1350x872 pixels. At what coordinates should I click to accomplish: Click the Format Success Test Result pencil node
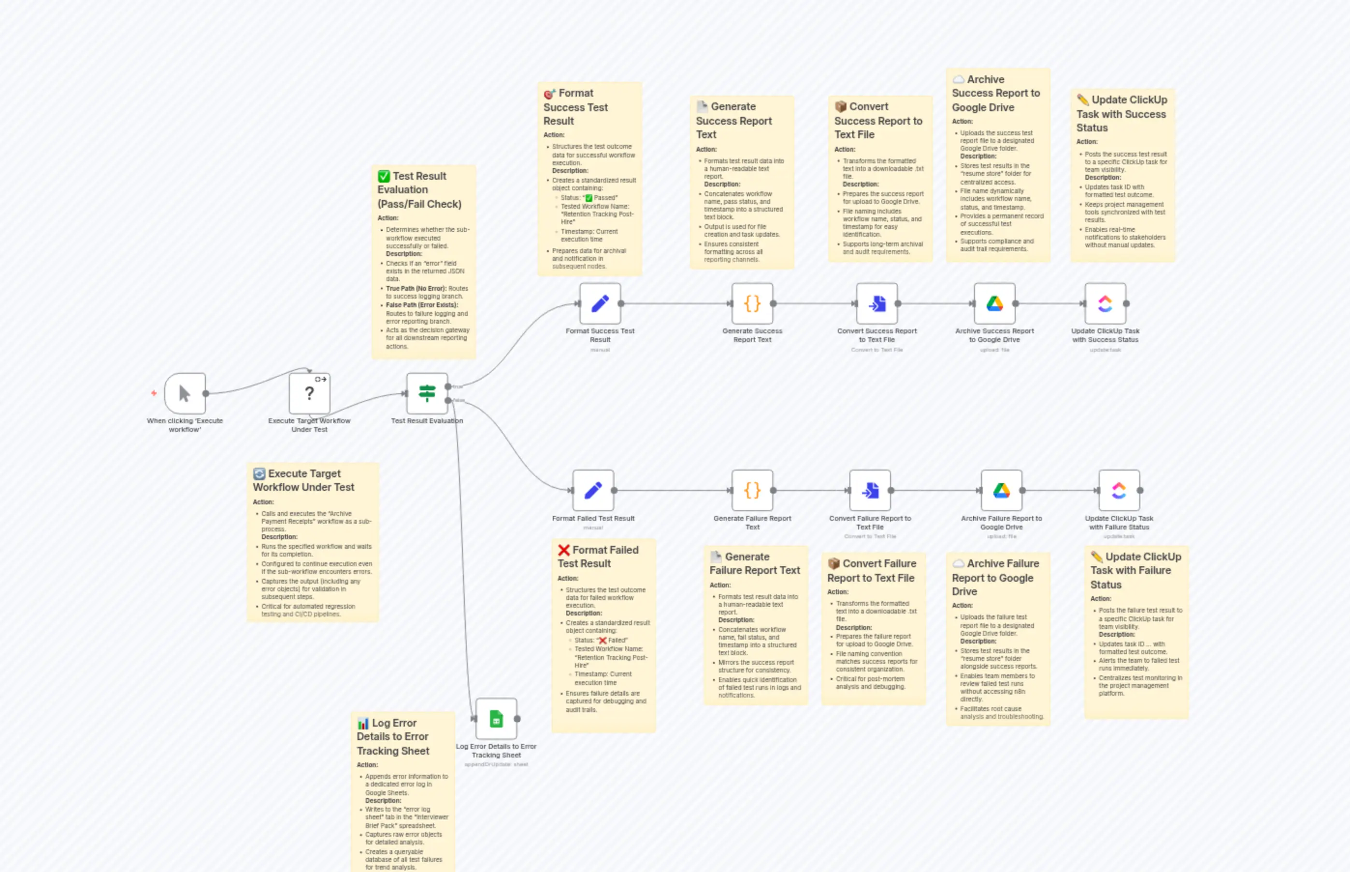point(600,303)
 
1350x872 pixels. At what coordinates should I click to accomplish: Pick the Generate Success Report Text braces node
point(752,303)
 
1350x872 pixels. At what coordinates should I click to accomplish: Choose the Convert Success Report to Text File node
point(876,303)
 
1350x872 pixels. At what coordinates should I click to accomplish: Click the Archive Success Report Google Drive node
point(994,303)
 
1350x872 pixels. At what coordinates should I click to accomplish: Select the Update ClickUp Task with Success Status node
point(1105,303)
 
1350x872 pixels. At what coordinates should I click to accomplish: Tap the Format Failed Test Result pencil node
point(593,490)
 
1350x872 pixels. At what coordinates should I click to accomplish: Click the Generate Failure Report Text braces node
point(752,490)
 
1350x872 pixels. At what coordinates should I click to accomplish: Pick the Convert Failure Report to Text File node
point(870,490)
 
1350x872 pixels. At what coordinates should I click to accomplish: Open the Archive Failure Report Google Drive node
point(1001,490)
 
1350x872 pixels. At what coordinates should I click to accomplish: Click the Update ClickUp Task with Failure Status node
point(1119,490)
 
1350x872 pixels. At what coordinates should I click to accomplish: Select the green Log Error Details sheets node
point(496,718)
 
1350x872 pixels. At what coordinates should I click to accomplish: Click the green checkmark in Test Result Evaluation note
point(383,176)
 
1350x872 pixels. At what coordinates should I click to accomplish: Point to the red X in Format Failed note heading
point(563,550)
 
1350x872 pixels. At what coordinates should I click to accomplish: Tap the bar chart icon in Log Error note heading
point(362,723)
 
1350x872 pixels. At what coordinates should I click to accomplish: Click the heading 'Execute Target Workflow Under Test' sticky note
point(303,480)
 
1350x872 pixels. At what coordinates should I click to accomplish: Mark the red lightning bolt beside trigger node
point(154,393)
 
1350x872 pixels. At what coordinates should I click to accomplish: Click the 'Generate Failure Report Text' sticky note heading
point(754,563)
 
